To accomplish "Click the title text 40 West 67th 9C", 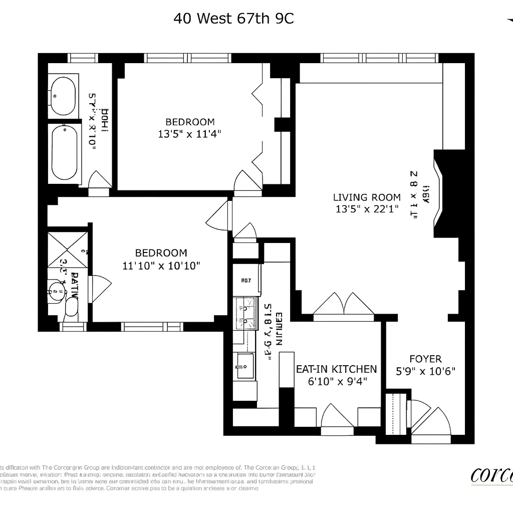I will click(x=233, y=19).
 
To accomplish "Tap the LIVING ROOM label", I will click(x=367, y=197).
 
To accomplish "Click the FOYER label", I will click(x=425, y=359).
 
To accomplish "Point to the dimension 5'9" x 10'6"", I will click(x=425, y=371).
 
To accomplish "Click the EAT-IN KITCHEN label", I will click(x=336, y=369).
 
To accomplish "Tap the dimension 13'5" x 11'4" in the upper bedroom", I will click(x=190, y=134).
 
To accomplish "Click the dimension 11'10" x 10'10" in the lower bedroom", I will click(x=161, y=266).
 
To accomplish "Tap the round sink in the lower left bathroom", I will click(x=56, y=289).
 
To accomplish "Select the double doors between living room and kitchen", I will click(x=344, y=304).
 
